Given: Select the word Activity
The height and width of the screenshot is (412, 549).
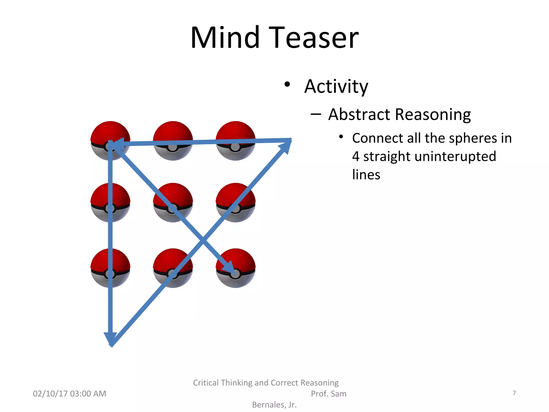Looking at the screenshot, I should pyautogui.click(x=336, y=87).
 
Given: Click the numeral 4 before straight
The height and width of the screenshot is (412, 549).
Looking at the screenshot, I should pyautogui.click(x=356, y=156).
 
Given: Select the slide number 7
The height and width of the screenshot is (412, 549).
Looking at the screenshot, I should pyautogui.click(x=514, y=393).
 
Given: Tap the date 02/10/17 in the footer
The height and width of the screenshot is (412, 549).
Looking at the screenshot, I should pyautogui.click(x=50, y=393).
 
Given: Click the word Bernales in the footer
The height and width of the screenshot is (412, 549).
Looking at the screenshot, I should pyautogui.click(x=269, y=405).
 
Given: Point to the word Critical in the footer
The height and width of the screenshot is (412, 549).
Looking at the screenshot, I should pyautogui.click(x=206, y=383).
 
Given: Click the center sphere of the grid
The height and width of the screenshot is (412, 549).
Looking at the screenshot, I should pyautogui.click(x=173, y=203).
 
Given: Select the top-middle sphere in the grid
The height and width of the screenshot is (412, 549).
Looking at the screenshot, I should pyautogui.click(x=173, y=134).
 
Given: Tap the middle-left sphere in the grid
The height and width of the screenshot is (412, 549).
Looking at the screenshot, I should pyautogui.click(x=110, y=203).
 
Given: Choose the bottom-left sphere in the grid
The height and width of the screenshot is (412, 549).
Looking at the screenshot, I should pyautogui.click(x=110, y=268).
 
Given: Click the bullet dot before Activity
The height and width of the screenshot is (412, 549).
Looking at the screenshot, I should pyautogui.click(x=287, y=84).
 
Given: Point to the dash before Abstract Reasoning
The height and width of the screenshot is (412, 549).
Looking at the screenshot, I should pyautogui.click(x=316, y=115).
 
